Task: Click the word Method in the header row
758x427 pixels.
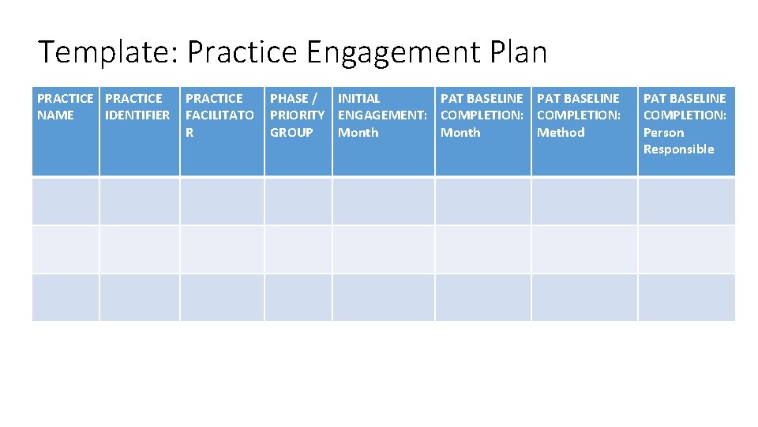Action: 561,133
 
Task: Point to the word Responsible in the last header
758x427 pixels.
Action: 678,149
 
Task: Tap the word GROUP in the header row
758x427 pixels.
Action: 291,133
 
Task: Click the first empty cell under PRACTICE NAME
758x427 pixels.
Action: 66,201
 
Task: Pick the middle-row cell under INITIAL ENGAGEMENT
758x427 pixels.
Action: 384,249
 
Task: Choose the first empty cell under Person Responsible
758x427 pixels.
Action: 686,201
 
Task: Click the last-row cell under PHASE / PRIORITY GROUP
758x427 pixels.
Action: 298,297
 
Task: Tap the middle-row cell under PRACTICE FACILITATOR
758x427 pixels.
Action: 222,249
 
